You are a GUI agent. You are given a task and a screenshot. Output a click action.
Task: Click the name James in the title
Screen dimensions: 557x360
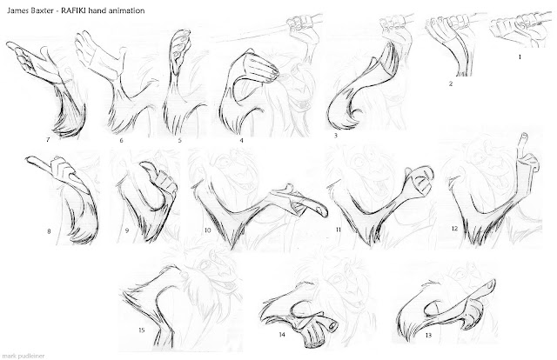(x=16, y=10)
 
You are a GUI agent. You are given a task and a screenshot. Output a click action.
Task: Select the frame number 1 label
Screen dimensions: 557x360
(x=520, y=57)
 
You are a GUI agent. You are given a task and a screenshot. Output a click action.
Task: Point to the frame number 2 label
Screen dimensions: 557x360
(x=451, y=84)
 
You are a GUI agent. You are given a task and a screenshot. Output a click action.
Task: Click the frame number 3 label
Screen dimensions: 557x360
(x=336, y=135)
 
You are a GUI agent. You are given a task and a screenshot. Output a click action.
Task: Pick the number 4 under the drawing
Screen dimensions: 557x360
(x=242, y=140)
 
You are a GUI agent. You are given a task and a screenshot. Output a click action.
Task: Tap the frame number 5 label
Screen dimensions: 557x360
(x=180, y=140)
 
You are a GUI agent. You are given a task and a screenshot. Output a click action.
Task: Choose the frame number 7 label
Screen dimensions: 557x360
(x=48, y=140)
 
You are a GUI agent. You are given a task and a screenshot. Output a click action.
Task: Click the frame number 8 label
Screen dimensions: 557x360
(x=49, y=231)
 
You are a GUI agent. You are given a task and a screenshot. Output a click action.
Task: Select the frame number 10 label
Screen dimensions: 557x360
(x=207, y=230)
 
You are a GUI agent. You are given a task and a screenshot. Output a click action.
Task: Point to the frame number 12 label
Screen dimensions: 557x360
(x=454, y=229)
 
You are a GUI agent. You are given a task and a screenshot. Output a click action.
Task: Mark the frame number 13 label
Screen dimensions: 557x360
(x=428, y=335)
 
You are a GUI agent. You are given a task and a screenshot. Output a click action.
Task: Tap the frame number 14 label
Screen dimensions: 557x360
(x=282, y=335)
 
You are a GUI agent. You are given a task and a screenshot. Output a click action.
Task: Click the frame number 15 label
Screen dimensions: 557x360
(x=141, y=330)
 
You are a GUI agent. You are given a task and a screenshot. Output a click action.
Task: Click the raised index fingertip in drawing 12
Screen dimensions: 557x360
(x=524, y=136)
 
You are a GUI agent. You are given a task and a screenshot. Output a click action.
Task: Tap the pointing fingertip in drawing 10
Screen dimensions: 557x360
(x=323, y=211)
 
